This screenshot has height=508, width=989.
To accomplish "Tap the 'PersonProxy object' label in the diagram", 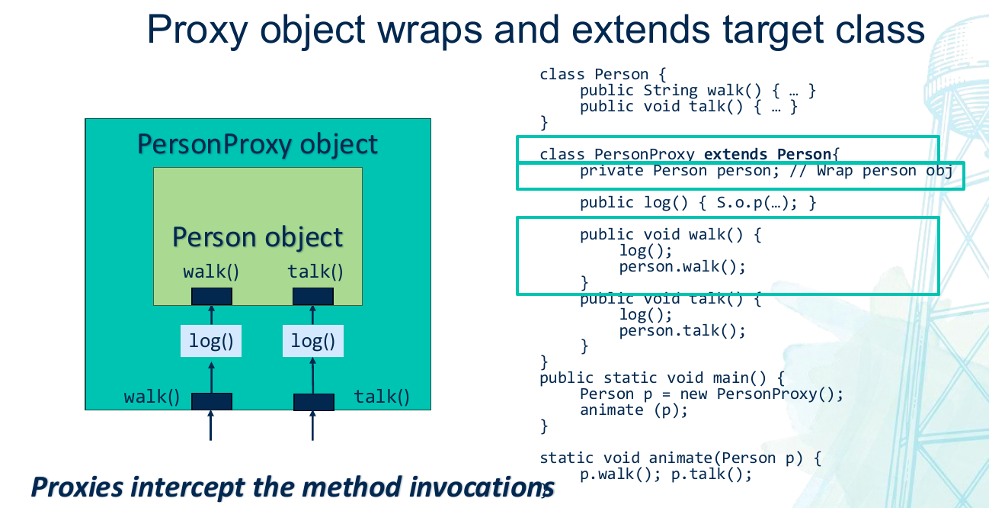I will [x=258, y=144].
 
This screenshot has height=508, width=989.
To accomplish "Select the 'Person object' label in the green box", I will [x=258, y=237].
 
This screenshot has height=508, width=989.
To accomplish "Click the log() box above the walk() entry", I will [x=211, y=341].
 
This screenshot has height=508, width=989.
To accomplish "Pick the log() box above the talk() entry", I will [x=313, y=341].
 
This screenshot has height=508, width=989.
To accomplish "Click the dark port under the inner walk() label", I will [x=212, y=296].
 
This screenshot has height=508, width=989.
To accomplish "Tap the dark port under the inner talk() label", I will [x=313, y=296].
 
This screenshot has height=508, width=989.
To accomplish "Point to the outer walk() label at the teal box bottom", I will [x=152, y=397].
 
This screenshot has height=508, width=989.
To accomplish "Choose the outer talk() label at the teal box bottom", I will [x=382, y=397].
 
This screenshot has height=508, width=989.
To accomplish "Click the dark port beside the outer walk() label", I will [x=212, y=401].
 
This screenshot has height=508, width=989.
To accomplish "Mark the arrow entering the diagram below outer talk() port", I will [x=312, y=426].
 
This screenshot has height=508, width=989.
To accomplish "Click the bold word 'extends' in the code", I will [x=735, y=154].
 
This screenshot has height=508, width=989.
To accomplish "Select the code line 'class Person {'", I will [x=604, y=74].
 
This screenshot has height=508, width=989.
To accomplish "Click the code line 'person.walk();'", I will [x=682, y=266].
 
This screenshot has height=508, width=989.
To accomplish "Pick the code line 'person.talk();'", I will [x=682, y=330].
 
